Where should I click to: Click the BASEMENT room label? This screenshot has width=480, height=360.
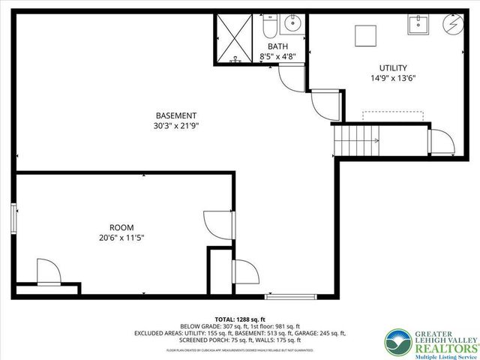pos(176,115)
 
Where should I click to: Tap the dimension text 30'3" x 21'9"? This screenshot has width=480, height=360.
pos(176,126)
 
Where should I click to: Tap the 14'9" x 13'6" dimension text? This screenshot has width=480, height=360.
pos(393,76)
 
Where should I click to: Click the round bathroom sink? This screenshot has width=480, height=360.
pos(292,23)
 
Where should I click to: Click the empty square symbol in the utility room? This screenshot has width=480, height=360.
pos(366,35)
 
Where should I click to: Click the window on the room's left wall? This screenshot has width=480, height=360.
pos(14,220)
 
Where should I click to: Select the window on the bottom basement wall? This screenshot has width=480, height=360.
pos(285,296)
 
